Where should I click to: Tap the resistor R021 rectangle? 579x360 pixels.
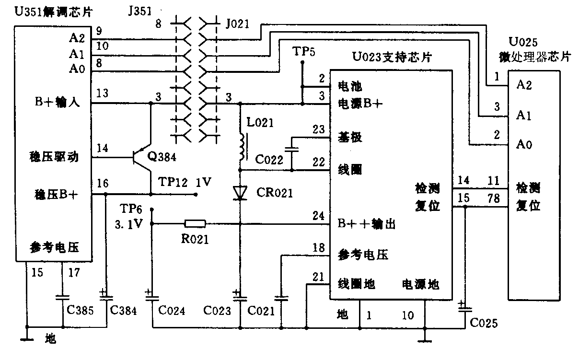pyautogui.click(x=195, y=223)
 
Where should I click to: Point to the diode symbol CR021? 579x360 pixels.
pyautogui.click(x=240, y=192)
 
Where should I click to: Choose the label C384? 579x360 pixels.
pyautogui.click(x=123, y=311)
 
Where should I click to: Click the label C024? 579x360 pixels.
pyautogui.click(x=171, y=311)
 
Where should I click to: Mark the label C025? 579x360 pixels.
pyautogui.click(x=484, y=323)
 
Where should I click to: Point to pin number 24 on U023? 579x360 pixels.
pyautogui.click(x=318, y=216)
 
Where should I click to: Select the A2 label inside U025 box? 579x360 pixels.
pyautogui.click(x=524, y=85)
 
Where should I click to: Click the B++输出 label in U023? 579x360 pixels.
pyautogui.click(x=367, y=224)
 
